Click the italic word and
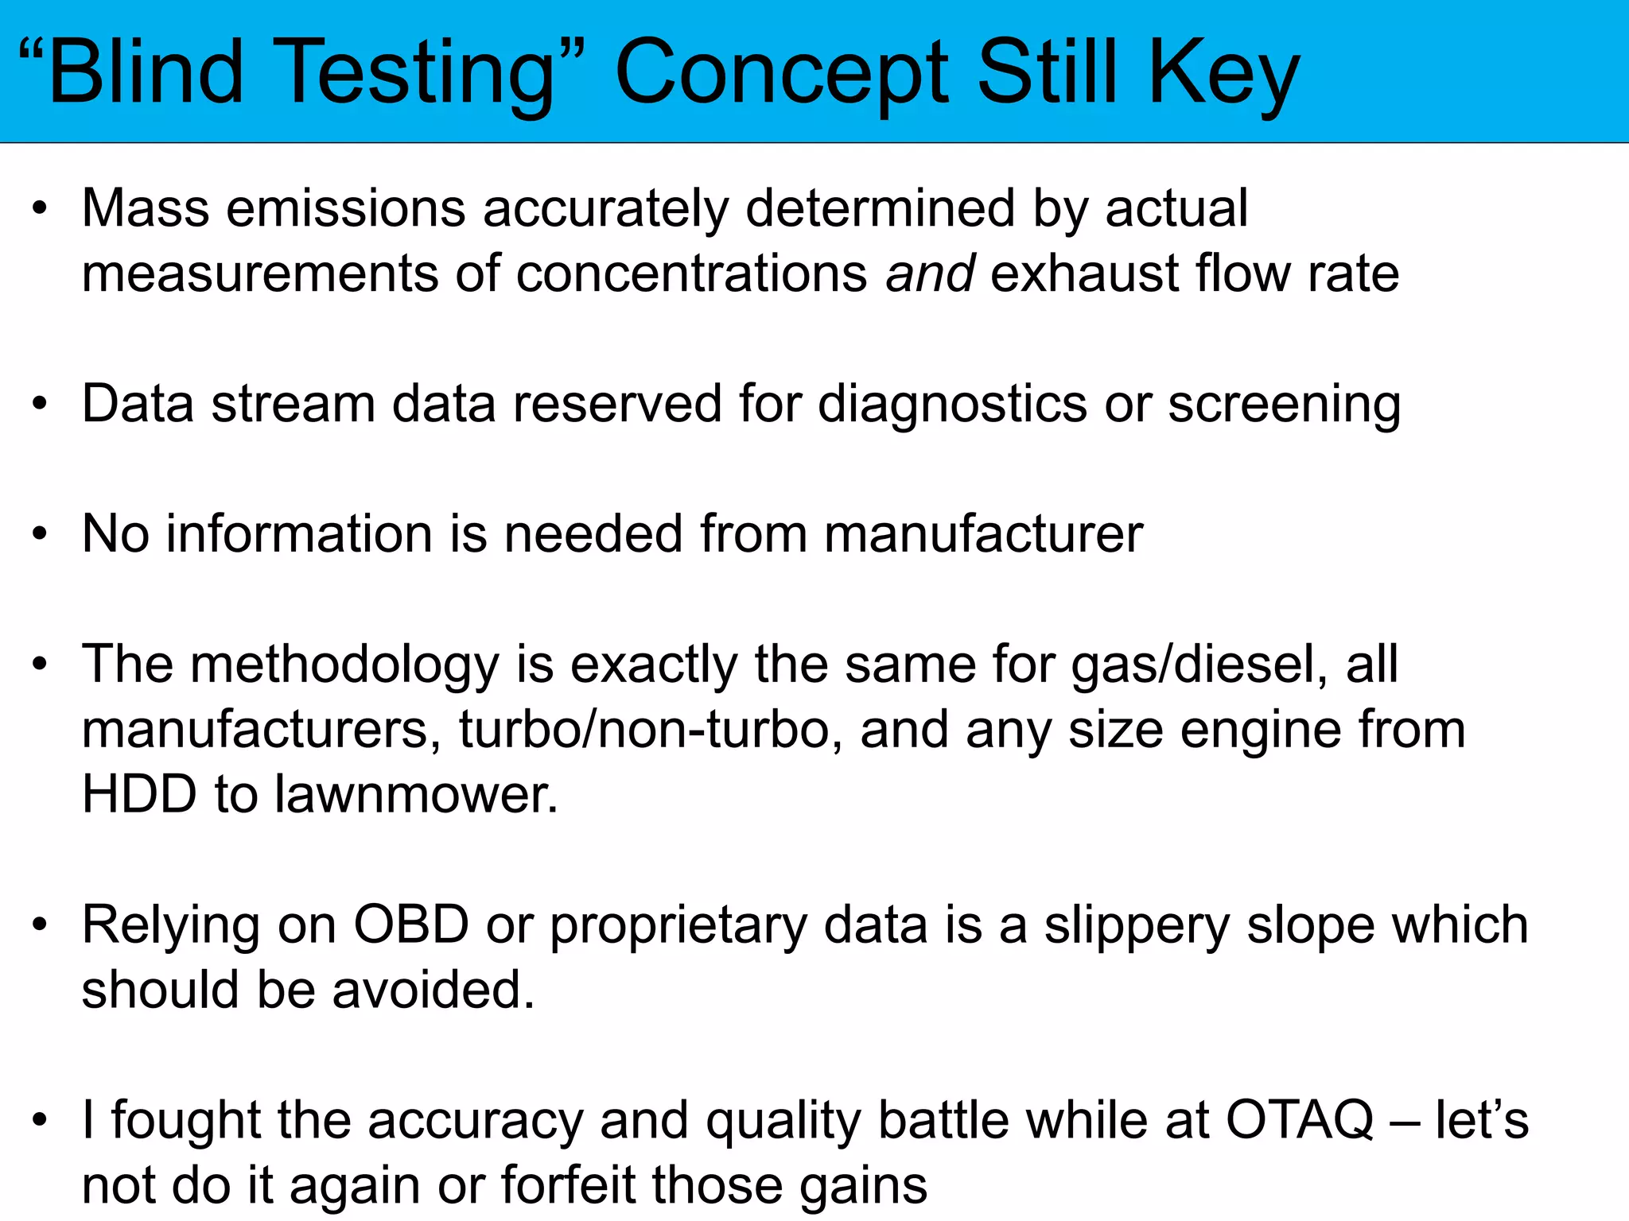click(x=930, y=273)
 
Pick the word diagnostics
click(x=952, y=404)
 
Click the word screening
click(x=1284, y=404)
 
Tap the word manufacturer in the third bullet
click(x=983, y=533)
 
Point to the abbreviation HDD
click(x=139, y=794)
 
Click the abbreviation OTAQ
click(x=1300, y=1120)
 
